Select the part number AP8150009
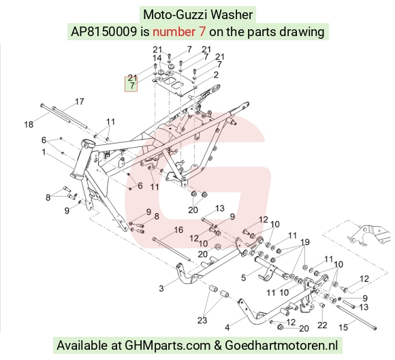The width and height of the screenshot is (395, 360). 104,32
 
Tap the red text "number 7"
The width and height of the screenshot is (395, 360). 179,32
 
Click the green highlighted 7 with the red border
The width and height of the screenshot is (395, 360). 131,86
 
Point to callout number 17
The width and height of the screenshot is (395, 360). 80,101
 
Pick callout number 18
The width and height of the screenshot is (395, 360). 29,125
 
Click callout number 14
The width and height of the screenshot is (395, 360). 157,58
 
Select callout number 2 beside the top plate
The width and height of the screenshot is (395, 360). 216,75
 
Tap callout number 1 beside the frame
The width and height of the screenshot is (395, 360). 44,152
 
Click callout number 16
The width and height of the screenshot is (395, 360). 178,230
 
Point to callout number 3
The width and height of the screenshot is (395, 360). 161,289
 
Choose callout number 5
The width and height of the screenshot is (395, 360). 243,278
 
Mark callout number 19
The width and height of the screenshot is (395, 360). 305,242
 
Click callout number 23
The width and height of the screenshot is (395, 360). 202,321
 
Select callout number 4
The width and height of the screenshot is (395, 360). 227,327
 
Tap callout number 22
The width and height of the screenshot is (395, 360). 322,325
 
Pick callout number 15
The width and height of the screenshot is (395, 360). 343,327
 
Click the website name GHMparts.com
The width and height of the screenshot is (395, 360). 168,345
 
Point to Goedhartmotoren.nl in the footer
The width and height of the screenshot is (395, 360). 281,345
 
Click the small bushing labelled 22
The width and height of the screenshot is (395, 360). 322,306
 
